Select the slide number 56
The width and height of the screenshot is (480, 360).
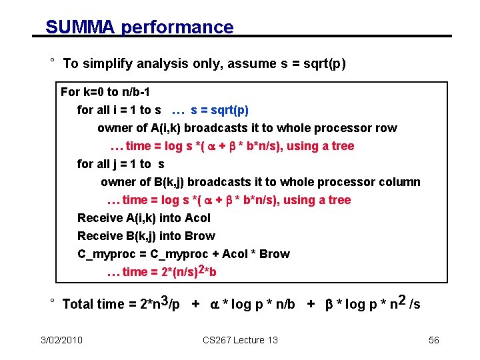(434, 340)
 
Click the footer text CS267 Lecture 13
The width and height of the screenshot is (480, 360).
(241, 340)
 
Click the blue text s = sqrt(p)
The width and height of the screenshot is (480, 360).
(219, 110)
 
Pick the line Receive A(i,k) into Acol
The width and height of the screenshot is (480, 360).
(143, 218)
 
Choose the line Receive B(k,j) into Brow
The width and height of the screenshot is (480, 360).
(146, 236)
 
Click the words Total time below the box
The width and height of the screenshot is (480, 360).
(93, 305)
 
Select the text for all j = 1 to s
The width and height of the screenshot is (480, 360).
(121, 164)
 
